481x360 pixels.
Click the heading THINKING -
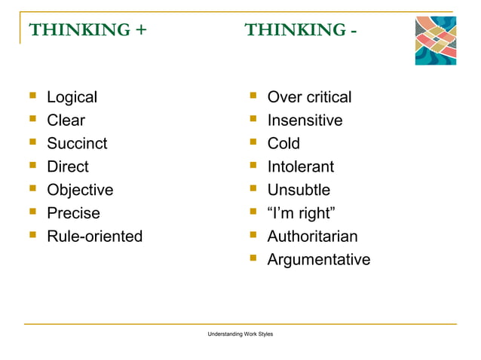point(301,31)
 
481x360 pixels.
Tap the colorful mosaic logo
point(435,41)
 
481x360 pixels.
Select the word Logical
point(72,97)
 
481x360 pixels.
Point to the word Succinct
point(77,144)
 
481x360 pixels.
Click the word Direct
point(67,167)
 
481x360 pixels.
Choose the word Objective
point(80,191)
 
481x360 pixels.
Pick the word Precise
point(73,213)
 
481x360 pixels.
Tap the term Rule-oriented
point(94,236)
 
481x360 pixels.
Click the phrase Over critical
point(309,97)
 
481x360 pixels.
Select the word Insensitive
point(305,121)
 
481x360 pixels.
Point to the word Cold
point(283,144)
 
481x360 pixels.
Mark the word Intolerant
point(300,167)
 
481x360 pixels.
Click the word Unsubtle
point(299,191)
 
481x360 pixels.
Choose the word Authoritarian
point(312,236)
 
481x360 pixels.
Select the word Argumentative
point(319,260)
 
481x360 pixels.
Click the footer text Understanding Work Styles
point(240,334)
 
